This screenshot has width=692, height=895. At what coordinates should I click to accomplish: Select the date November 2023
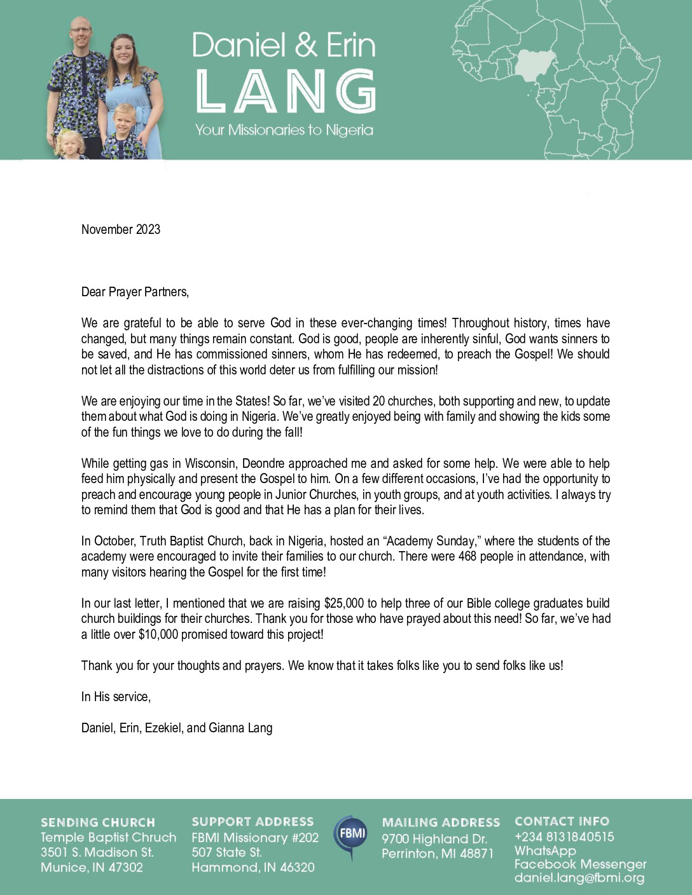121,229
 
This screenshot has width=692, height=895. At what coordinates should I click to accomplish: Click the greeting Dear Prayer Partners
135,292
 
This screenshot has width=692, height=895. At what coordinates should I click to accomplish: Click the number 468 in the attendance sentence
467,557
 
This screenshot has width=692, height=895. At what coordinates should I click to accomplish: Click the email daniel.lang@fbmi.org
579,878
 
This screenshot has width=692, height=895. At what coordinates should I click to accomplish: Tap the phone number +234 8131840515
564,837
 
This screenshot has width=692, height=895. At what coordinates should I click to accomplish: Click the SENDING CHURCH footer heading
98,823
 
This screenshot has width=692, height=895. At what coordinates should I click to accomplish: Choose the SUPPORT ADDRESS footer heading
253,822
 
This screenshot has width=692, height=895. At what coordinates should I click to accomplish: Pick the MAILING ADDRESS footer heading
441,823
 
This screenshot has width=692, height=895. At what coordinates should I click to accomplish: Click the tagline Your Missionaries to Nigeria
284,130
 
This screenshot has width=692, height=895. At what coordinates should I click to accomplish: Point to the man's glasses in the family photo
81,29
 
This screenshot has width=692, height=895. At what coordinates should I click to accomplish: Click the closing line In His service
116,697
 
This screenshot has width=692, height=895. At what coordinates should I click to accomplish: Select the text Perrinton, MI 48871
437,854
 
